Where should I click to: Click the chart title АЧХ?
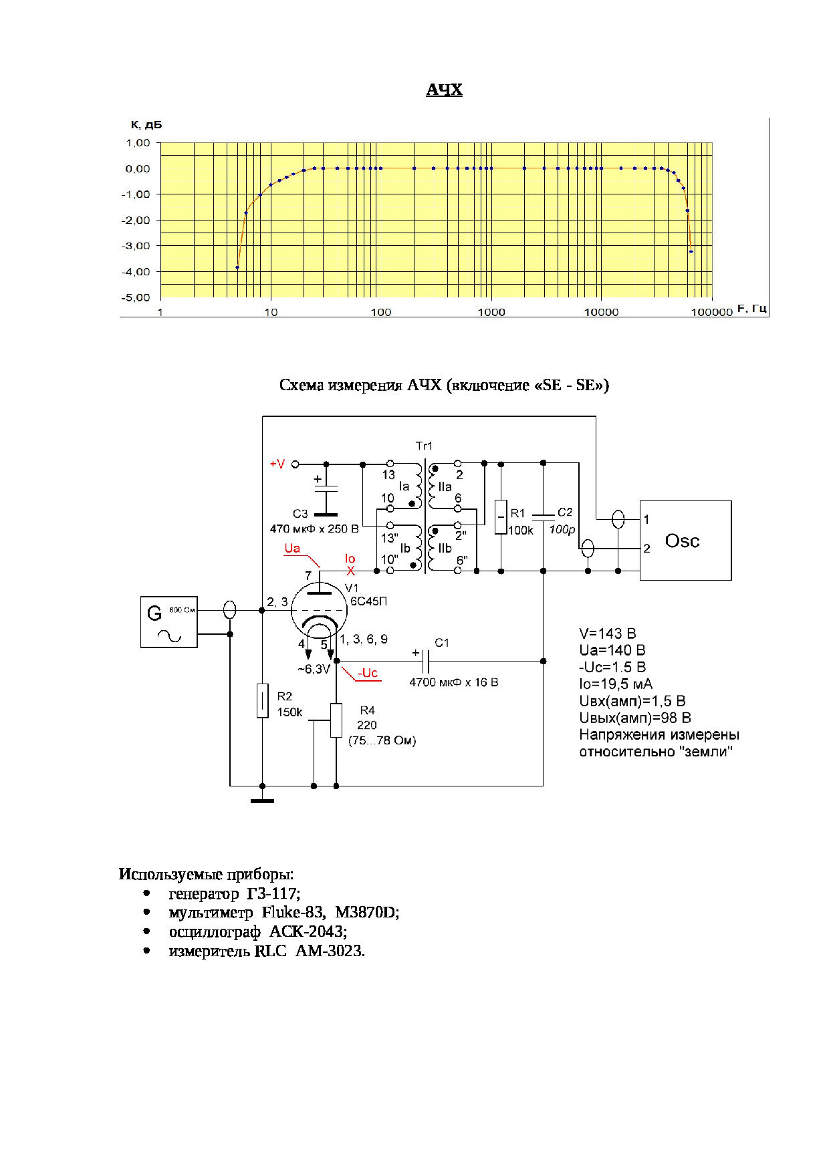pyautogui.click(x=444, y=90)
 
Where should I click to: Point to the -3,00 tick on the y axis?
pyautogui.click(x=136, y=246)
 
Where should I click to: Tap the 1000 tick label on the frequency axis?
pyautogui.click(x=491, y=312)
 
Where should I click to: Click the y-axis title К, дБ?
pyautogui.click(x=146, y=125)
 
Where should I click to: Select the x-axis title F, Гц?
pyautogui.click(x=751, y=309)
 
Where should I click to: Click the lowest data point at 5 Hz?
pyautogui.click(x=237, y=267)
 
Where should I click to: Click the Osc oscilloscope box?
pyautogui.click(x=685, y=541)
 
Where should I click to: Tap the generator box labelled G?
pyautogui.click(x=168, y=622)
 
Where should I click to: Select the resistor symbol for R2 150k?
pyautogui.click(x=263, y=701)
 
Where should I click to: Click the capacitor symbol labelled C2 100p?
pyautogui.click(x=543, y=515)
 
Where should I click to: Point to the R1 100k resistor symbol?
pyautogui.click(x=501, y=517)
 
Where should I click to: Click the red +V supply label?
pyautogui.click(x=277, y=464)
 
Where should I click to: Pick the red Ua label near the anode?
pyautogui.click(x=292, y=549)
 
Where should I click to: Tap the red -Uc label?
pyautogui.click(x=368, y=673)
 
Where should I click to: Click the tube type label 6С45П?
pyautogui.click(x=368, y=601)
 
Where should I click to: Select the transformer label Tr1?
pyautogui.click(x=424, y=446)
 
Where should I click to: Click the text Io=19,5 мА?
pyautogui.click(x=615, y=684)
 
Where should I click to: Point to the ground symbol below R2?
pyautogui.click(x=262, y=800)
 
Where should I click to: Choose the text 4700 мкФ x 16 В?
pyautogui.click(x=453, y=682)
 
